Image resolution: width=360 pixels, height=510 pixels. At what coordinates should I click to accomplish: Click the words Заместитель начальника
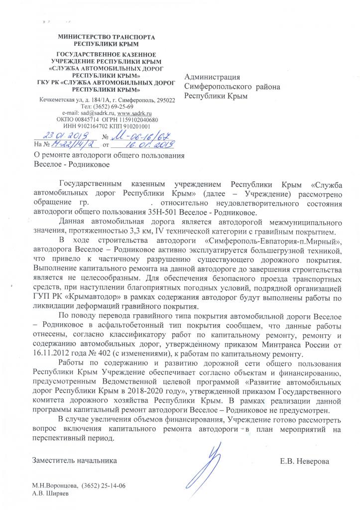75,461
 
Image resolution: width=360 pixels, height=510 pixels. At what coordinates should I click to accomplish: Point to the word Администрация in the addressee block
212,77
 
